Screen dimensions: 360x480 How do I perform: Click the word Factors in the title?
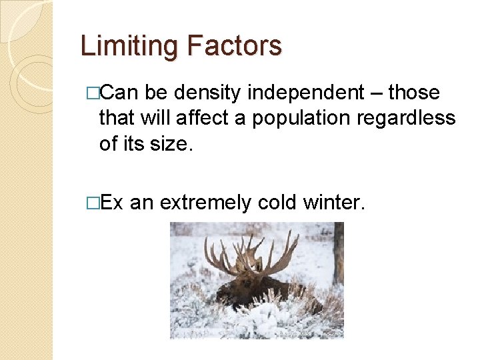click(234, 47)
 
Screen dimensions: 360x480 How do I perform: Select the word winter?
click(337, 202)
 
